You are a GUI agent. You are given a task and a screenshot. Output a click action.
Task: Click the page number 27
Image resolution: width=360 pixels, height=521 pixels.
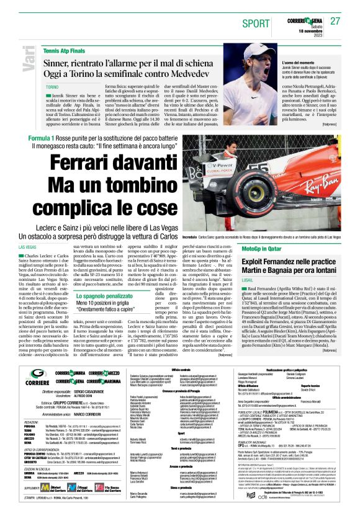[336, 21]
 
